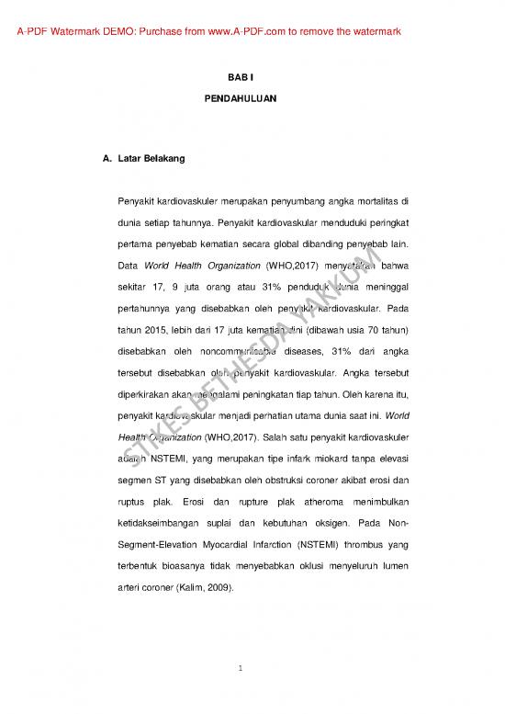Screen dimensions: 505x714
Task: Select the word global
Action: [x=289, y=247]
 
